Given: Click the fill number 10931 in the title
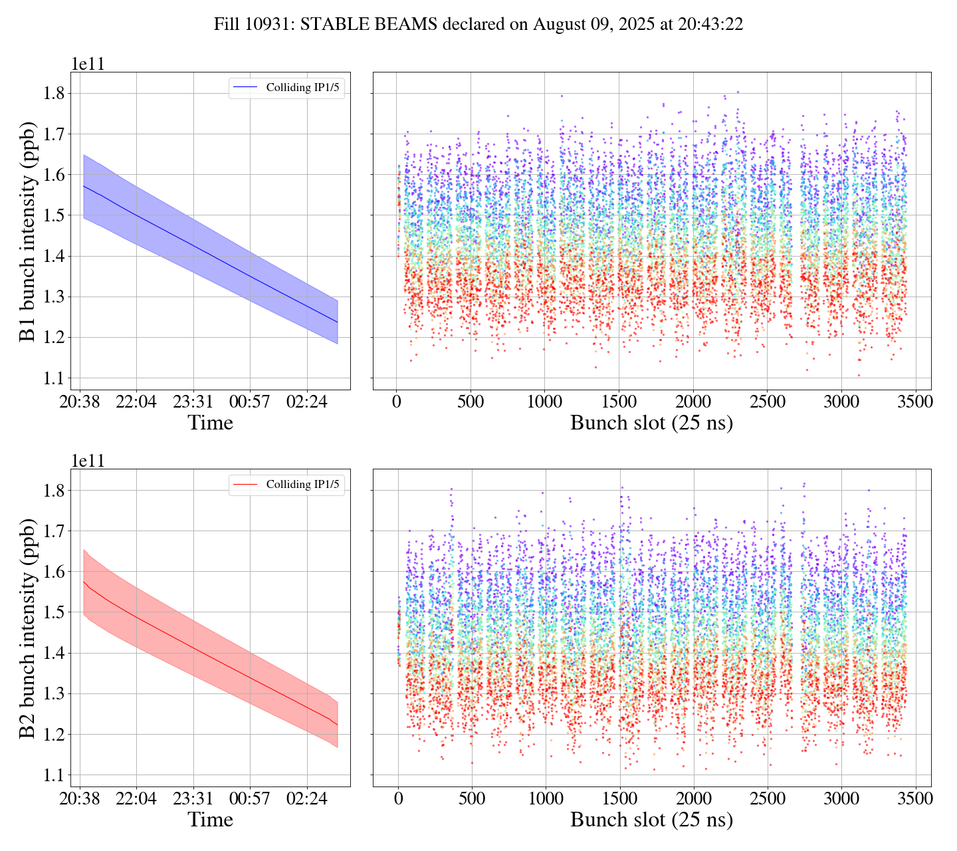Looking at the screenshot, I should (x=272, y=25).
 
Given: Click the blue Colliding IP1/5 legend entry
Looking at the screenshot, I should (x=286, y=88).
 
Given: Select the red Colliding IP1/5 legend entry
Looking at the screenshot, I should (x=286, y=485).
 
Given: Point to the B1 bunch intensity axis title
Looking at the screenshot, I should (x=27, y=231).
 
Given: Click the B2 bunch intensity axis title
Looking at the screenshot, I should (x=27, y=628).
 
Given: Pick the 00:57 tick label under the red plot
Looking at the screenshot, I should (x=250, y=799).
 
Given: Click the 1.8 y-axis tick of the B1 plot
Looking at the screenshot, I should (x=57, y=93).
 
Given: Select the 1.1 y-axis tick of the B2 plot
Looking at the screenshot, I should (x=57, y=775).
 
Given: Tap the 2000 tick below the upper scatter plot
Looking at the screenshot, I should (x=693, y=402).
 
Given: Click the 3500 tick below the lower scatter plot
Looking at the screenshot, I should (x=915, y=799).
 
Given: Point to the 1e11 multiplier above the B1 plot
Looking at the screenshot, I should (x=88, y=64).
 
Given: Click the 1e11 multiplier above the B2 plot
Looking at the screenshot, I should (x=88, y=461).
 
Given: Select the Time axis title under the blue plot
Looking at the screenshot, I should (x=210, y=423).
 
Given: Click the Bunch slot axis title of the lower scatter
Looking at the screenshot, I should (x=651, y=820).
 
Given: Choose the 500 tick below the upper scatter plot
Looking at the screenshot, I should (x=471, y=402).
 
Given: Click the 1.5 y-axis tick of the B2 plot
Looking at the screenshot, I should (x=57, y=612).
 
